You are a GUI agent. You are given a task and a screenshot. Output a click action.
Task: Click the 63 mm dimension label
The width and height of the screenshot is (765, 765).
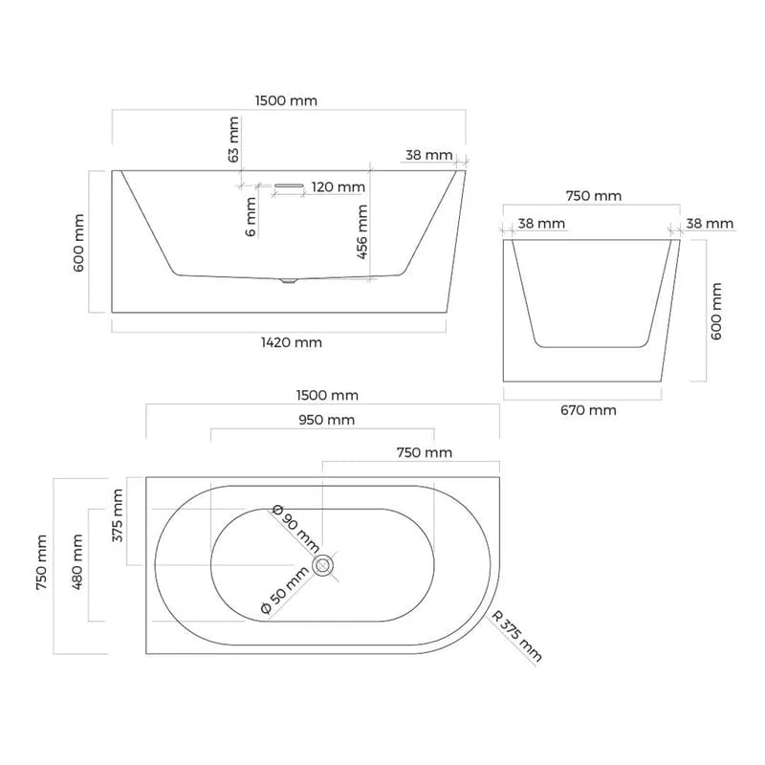point(233,140)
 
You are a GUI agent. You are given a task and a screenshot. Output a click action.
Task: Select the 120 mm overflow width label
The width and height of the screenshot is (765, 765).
point(339,186)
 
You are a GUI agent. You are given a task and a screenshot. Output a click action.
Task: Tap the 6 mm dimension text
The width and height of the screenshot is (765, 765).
point(251,217)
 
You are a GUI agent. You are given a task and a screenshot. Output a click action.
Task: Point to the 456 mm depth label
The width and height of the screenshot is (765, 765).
point(361,231)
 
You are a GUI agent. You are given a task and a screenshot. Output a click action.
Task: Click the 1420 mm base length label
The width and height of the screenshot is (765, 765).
point(292,342)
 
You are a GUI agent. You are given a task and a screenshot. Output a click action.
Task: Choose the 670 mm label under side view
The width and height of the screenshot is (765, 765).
point(588,410)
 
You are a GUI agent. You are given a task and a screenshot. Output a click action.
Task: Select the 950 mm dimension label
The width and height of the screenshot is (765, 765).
point(326,420)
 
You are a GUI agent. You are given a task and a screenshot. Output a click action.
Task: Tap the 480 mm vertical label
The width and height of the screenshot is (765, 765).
point(77,561)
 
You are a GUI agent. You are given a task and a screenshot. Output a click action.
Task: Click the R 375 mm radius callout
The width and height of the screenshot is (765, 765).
point(516,636)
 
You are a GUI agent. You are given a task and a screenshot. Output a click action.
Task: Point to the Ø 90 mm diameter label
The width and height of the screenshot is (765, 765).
point(295,529)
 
